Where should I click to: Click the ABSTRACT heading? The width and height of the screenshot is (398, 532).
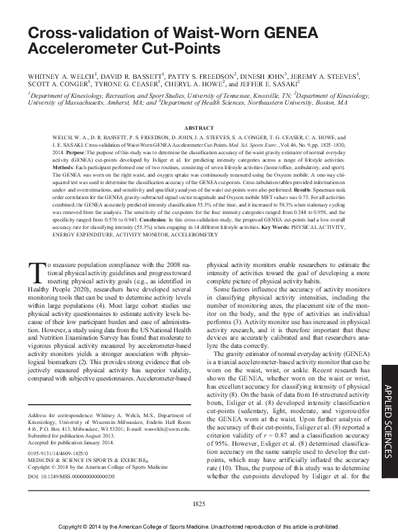[x=198, y=127]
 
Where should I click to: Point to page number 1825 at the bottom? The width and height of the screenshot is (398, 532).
[x=199, y=503]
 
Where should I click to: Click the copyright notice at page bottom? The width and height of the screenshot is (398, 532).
[x=199, y=526]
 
